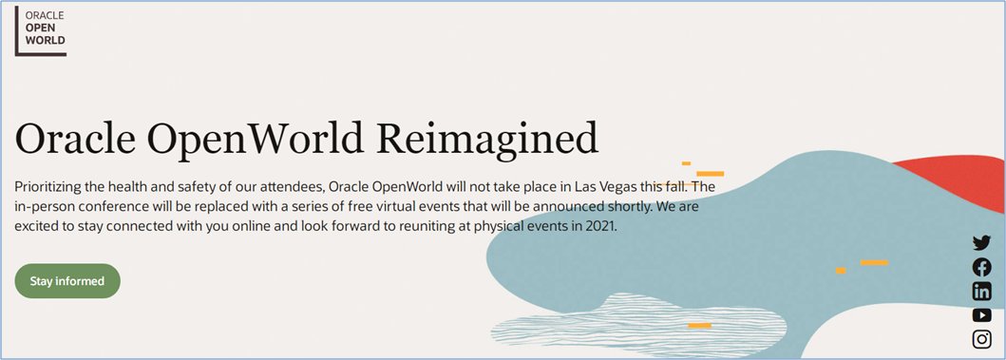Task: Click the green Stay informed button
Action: [67, 281]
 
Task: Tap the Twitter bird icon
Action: [981, 242]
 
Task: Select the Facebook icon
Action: [981, 267]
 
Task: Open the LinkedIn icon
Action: [981, 292]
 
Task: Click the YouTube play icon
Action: [981, 315]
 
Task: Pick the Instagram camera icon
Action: [981, 339]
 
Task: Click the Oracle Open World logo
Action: [41, 31]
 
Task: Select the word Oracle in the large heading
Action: [82, 139]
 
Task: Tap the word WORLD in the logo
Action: [45, 41]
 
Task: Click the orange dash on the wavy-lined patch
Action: [700, 326]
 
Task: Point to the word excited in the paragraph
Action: [35, 226]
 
